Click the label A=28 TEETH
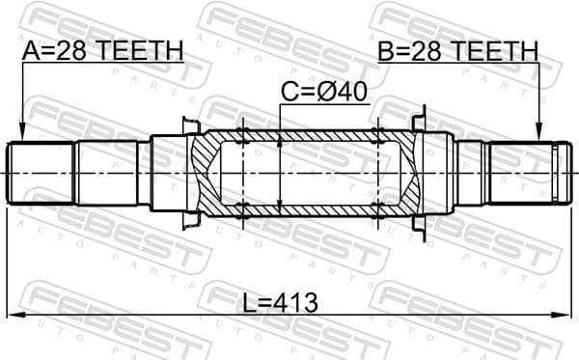[x=101, y=49]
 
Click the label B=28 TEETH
[x=457, y=49]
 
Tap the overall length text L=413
[x=279, y=302]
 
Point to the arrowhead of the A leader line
[x=20, y=134]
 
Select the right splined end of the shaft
[x=526, y=173]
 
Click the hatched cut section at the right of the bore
[x=405, y=174]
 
